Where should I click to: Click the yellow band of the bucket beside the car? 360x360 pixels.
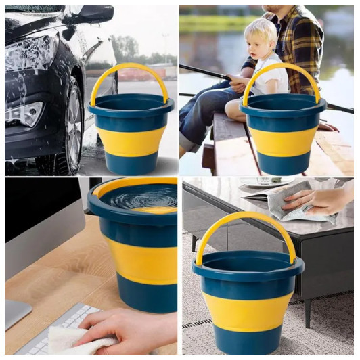(131, 140)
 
